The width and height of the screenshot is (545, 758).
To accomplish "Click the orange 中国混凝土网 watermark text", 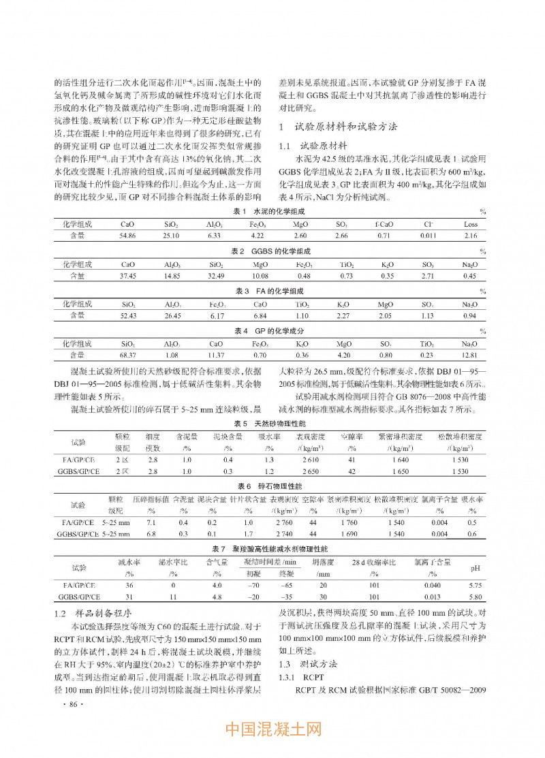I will pos(272,731).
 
